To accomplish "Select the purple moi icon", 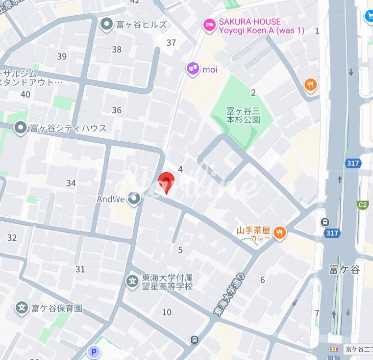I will (x=193, y=69).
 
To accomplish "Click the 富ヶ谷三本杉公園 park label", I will (x=243, y=116).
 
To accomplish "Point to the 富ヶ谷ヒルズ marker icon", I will (x=106, y=24).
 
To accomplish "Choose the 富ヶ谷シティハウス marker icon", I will (x=21, y=129).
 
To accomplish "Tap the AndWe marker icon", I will (x=134, y=199).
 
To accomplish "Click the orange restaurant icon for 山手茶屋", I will (x=279, y=232).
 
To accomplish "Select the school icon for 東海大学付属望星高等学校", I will (x=132, y=281).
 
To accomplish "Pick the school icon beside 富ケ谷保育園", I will (x=22, y=308).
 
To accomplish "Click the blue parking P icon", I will (x=93, y=352).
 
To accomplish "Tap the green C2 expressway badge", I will (x=363, y=205).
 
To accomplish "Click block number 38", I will (x=117, y=50).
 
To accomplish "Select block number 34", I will (x=71, y=183).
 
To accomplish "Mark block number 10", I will (x=167, y=312).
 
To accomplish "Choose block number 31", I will (x=80, y=269).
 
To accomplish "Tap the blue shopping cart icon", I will (x=368, y=16).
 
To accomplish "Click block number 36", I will (x=117, y=110).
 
